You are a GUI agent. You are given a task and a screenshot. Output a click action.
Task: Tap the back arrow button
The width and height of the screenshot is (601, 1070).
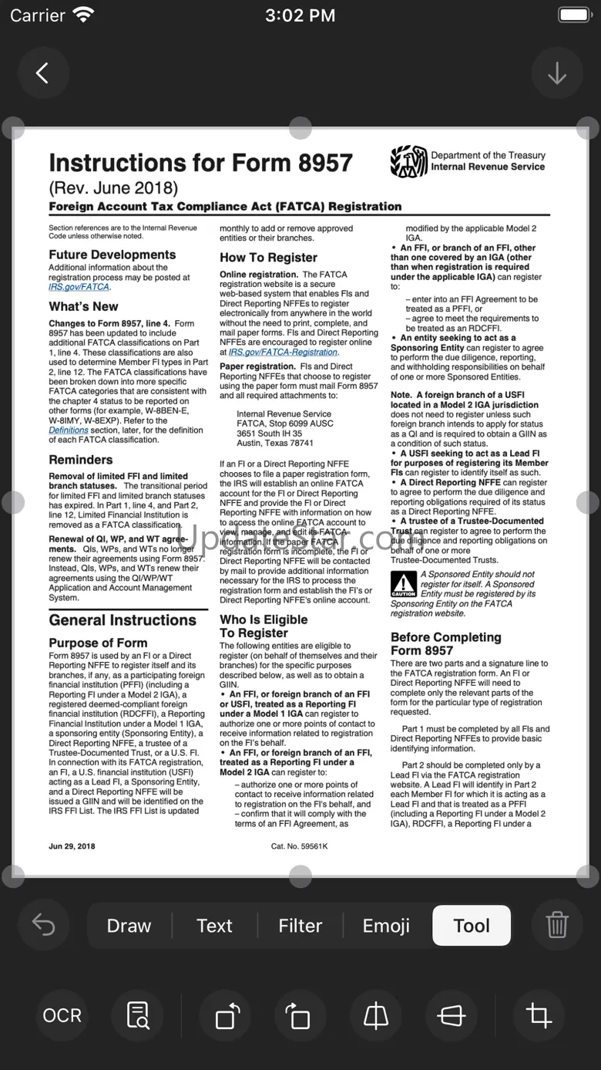(x=42, y=73)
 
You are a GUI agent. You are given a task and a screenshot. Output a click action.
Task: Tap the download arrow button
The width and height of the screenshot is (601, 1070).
(x=556, y=73)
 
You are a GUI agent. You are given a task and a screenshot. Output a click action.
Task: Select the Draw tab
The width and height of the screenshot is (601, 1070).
(x=129, y=926)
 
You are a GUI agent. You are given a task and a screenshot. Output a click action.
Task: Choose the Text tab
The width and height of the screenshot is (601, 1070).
(x=214, y=926)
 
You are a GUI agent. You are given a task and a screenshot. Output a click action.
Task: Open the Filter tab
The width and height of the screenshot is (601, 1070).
(x=300, y=926)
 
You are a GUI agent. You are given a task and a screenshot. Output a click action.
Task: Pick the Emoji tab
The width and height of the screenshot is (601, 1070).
(x=386, y=926)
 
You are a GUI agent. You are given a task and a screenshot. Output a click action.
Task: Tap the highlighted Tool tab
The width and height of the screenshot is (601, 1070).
(x=472, y=926)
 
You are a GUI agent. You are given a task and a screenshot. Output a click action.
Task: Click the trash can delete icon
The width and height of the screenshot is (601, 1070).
(x=556, y=925)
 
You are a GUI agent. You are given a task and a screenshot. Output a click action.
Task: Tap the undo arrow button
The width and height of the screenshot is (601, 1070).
(x=43, y=925)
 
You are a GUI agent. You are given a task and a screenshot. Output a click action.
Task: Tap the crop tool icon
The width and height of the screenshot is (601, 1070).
(x=539, y=1015)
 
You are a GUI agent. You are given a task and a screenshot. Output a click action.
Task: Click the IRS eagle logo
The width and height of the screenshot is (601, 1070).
(x=408, y=161)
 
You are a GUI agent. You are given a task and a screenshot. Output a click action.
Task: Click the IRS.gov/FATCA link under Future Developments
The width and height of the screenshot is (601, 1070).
(x=79, y=287)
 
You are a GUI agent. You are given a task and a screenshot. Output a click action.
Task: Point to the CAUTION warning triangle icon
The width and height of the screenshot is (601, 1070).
(x=403, y=584)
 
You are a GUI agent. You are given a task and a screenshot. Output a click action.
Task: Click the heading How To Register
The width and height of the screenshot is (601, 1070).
(x=268, y=258)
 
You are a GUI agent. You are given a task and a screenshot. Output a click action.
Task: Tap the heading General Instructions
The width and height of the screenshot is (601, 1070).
(x=123, y=620)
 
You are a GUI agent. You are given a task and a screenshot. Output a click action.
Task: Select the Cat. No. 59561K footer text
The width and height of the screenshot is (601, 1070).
(x=299, y=846)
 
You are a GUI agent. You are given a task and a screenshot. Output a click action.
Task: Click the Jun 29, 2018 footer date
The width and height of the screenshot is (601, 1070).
(x=72, y=846)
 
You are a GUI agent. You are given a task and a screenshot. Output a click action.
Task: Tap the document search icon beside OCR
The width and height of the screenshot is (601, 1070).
(x=138, y=1015)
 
